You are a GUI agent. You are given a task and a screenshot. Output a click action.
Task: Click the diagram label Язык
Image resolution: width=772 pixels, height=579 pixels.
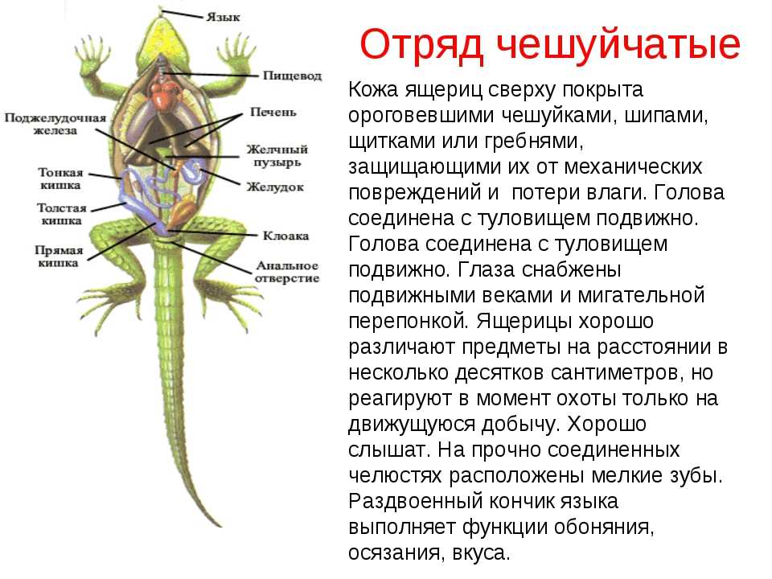223,17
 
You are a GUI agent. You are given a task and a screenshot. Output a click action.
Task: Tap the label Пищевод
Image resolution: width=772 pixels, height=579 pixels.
292,76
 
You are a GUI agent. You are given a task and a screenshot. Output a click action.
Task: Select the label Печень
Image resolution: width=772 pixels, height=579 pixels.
273,113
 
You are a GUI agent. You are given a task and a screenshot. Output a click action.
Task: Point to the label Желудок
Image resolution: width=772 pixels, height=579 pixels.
275,187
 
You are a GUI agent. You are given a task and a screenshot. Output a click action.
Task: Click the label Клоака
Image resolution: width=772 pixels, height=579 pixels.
285,236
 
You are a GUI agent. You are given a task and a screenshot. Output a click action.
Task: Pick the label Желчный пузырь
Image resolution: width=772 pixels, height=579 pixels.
277,155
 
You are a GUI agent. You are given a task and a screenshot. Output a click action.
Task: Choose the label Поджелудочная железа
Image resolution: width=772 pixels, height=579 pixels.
55,124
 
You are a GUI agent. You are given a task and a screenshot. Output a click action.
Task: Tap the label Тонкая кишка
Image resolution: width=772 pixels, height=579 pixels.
60,179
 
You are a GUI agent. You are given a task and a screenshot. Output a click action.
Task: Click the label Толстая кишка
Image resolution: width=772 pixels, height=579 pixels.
62,214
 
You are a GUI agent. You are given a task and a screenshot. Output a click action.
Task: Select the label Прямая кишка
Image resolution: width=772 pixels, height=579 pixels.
59,257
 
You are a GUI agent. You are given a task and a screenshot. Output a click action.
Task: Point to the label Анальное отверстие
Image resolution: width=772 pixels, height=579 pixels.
287,272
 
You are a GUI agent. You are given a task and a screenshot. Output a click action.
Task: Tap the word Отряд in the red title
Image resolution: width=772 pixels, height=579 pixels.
421,45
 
